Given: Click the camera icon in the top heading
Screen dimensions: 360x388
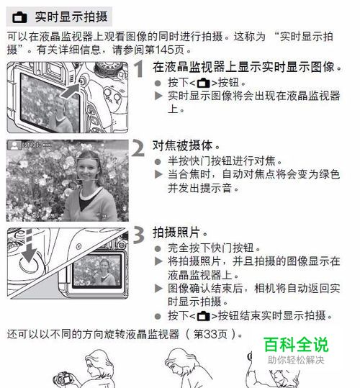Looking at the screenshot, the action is point(19,17).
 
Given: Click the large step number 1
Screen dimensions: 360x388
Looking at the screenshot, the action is point(139,68).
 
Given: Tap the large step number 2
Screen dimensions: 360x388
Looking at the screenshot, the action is point(138,148).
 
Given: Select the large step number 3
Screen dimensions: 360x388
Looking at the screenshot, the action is point(138,235).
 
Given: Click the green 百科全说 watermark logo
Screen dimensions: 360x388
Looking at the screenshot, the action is point(296,344).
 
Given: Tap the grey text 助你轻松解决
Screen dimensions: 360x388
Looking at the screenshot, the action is point(296,360).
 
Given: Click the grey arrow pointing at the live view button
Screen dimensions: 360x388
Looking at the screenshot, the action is point(70,91).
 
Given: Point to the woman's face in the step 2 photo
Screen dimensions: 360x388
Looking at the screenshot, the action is point(87,169).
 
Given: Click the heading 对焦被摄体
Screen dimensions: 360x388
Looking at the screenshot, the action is point(182,145).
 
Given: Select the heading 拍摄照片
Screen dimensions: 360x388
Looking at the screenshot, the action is point(176,232).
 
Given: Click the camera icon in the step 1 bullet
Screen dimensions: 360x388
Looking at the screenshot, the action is point(203,84).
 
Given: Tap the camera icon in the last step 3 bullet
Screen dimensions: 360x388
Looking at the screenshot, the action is point(203,316).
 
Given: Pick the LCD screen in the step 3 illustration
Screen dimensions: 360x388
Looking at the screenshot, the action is point(97,270).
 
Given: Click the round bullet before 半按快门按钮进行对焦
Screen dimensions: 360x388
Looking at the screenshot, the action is point(158,162).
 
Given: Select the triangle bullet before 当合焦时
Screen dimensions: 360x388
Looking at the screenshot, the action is point(158,174).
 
